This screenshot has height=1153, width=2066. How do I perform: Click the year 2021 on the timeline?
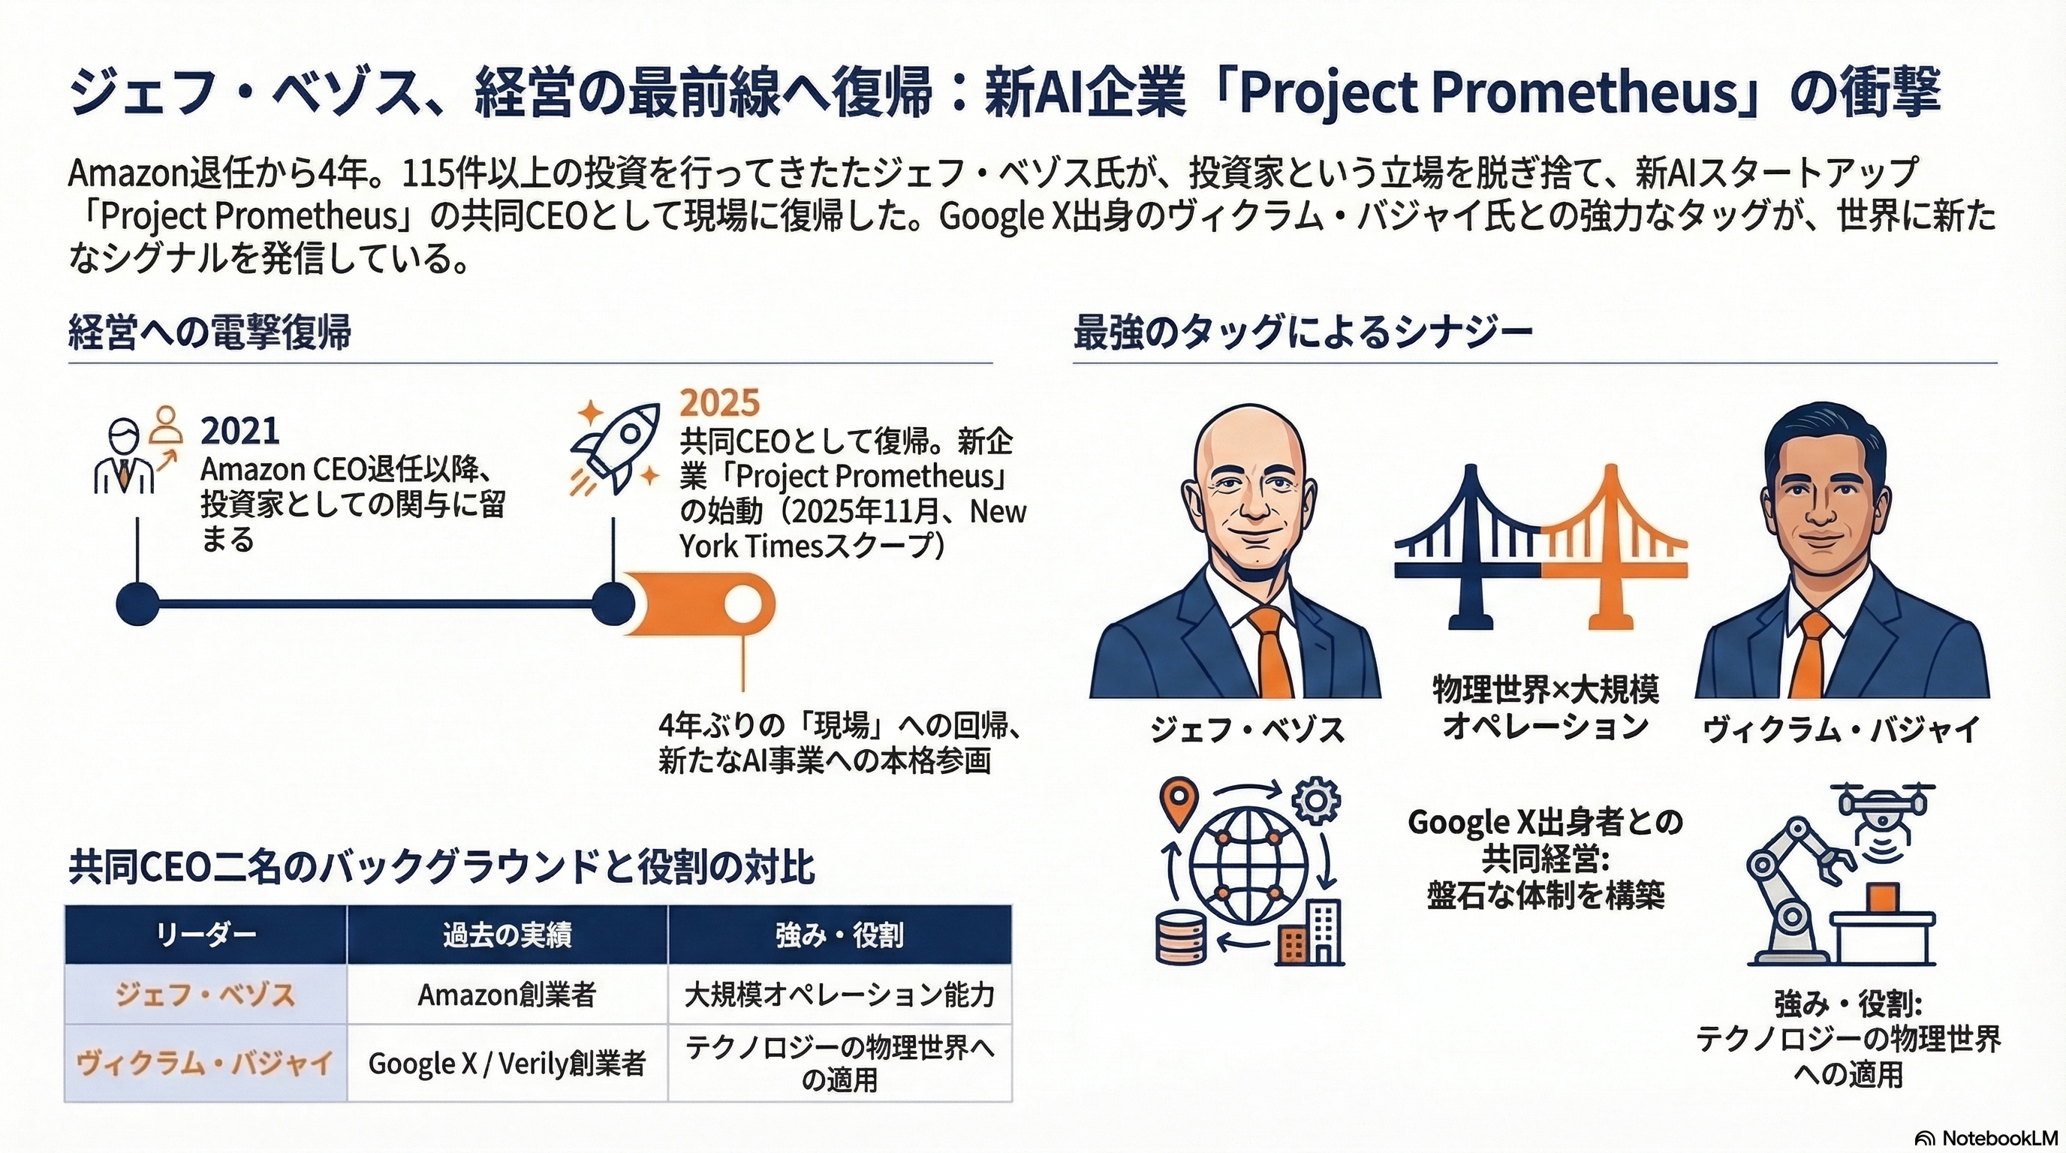pyautogui.click(x=239, y=432)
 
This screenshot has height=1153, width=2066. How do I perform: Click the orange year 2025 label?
pyautogui.click(x=719, y=402)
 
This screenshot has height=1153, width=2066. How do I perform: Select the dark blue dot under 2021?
pyautogui.click(x=138, y=604)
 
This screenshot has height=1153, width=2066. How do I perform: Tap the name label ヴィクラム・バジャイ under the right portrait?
pyautogui.click(x=1842, y=730)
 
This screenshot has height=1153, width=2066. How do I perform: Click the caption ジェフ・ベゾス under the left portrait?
pyautogui.click(x=1246, y=730)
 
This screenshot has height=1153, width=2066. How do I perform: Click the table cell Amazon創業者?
pyautogui.click(x=506, y=995)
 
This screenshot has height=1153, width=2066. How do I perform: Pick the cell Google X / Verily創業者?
pyautogui.click(x=506, y=1064)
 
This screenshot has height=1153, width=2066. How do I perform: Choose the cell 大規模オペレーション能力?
pyautogui.click(x=839, y=995)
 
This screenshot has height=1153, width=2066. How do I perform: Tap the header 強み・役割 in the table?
pyautogui.click(x=839, y=935)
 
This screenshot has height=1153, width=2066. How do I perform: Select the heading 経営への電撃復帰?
pyautogui.click(x=210, y=332)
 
